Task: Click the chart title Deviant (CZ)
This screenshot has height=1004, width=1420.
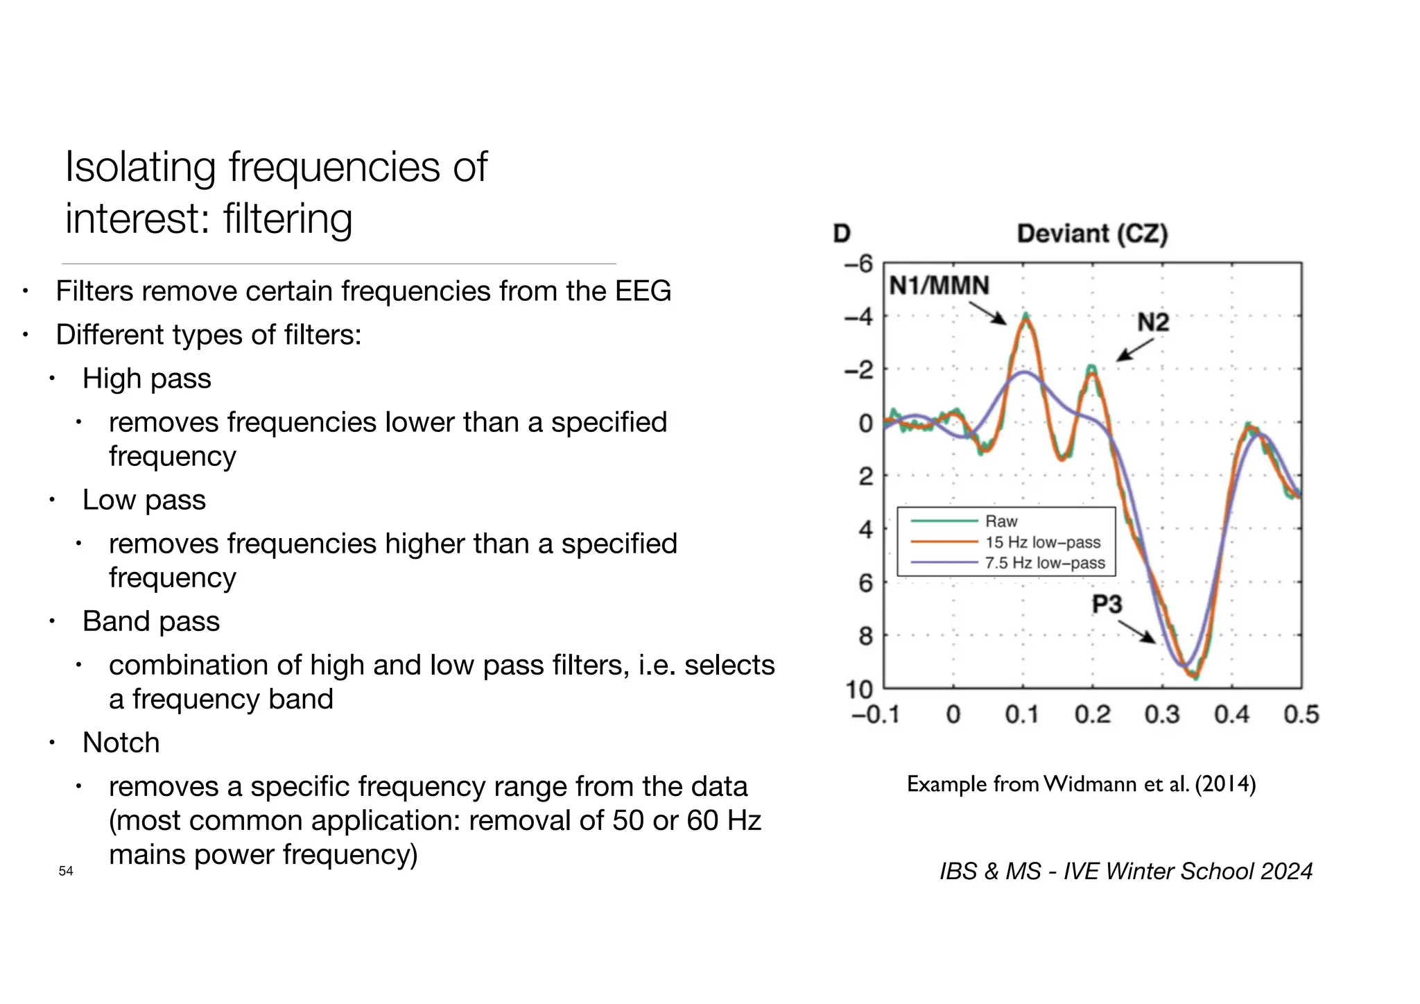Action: tap(1092, 234)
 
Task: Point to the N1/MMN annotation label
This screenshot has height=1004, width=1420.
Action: tap(939, 286)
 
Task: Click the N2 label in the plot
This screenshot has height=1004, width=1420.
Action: tap(1153, 322)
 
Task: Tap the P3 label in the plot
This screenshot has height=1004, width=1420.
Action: tap(1107, 604)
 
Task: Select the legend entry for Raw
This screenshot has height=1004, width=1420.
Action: tap(1001, 521)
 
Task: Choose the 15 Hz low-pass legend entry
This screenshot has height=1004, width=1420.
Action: tap(1043, 542)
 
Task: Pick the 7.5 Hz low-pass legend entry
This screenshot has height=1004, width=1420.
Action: tap(1045, 563)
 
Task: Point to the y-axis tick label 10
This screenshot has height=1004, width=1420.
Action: tap(858, 689)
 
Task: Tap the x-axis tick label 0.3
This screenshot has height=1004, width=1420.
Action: tap(1162, 715)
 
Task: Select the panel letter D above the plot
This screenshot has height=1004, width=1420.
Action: tap(842, 234)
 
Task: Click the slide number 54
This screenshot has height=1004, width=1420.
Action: tap(66, 871)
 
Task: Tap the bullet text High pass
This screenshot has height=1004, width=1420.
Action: tap(146, 379)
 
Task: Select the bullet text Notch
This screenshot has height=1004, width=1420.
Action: tap(121, 743)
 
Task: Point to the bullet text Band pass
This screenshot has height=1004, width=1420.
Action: tap(150, 621)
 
